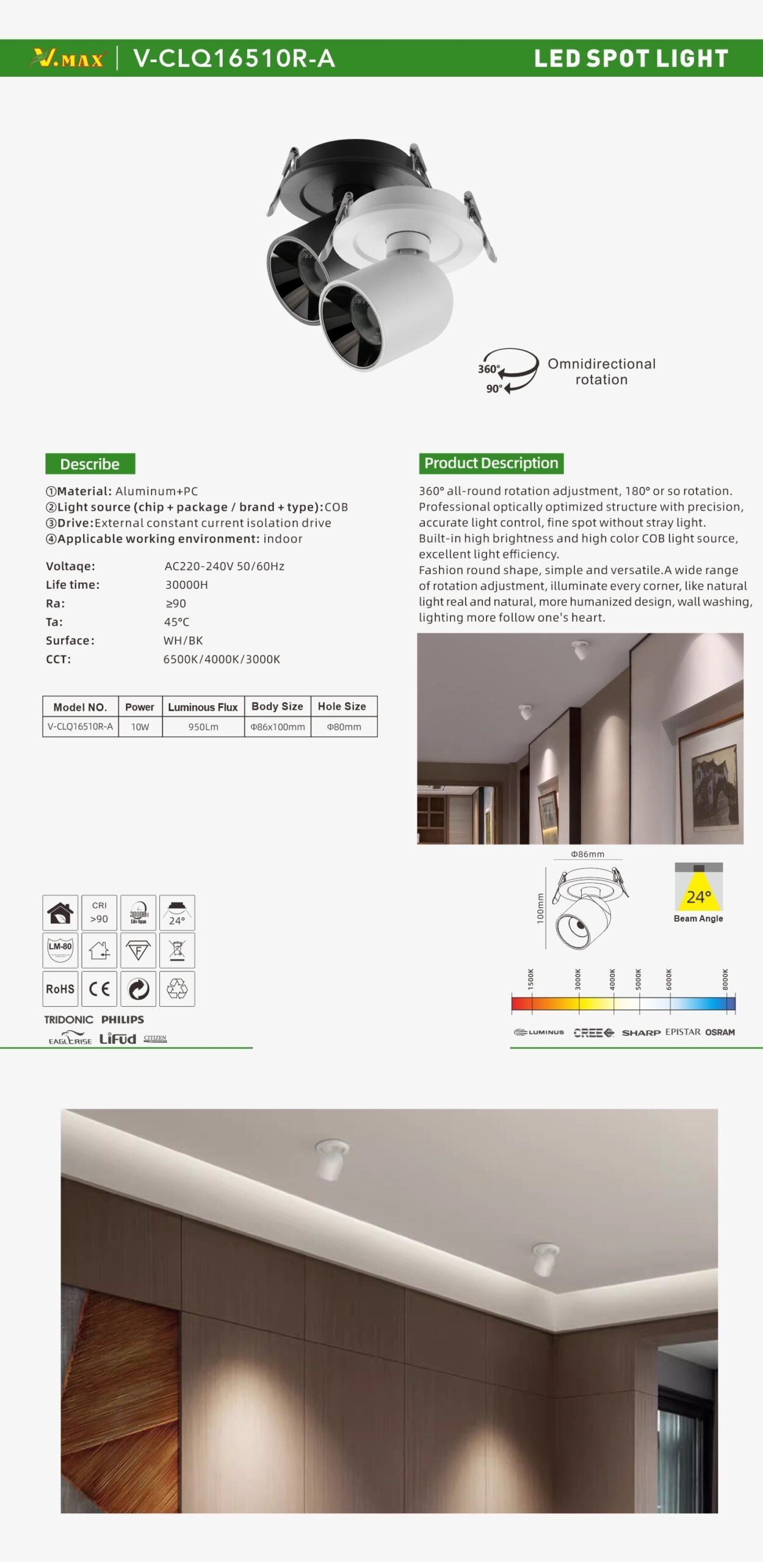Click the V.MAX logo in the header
68,59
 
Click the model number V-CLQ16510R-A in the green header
234,59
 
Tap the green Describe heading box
90,464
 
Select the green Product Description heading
491,463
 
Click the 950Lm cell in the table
203,727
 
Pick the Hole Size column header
342,706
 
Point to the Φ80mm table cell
344,727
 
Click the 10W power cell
140,727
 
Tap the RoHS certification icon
60,988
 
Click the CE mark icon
99,988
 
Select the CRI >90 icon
99,913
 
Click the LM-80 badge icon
60,950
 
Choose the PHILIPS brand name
123,1020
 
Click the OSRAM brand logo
720,1032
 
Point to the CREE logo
593,1032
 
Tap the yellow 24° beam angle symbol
698,894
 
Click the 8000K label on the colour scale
725,979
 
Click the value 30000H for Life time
186,585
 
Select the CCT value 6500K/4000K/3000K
222,659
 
